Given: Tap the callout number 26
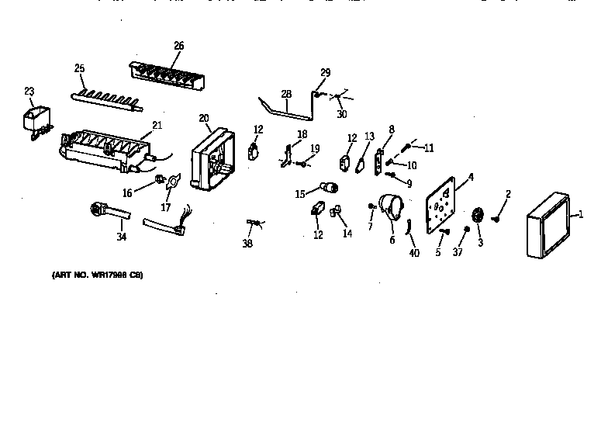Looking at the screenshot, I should click(178, 46).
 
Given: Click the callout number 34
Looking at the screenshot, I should click(121, 237).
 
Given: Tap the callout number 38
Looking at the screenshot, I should click(247, 243).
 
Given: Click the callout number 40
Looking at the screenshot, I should click(414, 253).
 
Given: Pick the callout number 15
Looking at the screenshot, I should click(299, 194).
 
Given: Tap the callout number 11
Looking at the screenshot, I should click(428, 147).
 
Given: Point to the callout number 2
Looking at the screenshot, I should click(508, 193).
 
